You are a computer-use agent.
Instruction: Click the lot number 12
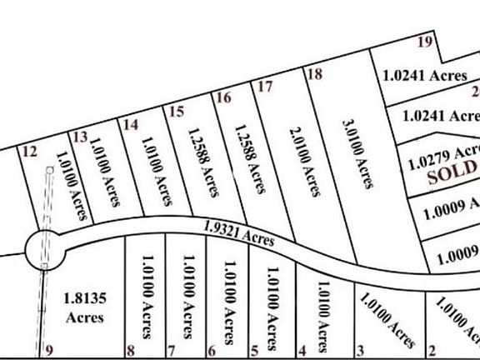pyautogui.click(x=30, y=151)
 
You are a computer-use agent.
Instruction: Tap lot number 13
pyautogui.click(x=80, y=137)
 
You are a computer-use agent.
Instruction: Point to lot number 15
pyautogui.click(x=175, y=111)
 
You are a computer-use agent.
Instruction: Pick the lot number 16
pyautogui.click(x=222, y=97)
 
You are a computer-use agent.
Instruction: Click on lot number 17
pyautogui.click(x=266, y=86)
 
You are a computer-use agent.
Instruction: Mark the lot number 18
pyautogui.click(x=314, y=73)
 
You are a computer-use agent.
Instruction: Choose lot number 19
pyautogui.click(x=425, y=42)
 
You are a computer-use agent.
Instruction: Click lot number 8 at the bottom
pyautogui.click(x=130, y=350)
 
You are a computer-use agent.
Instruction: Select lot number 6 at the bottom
pyautogui.click(x=212, y=350)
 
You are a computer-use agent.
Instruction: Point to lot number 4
pyautogui.click(x=302, y=350)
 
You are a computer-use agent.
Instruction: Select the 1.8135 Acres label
pyautogui.click(x=84, y=306)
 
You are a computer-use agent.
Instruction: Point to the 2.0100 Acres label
pyautogui.click(x=304, y=162)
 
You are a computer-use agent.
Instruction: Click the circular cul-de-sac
pyautogui.click(x=44, y=247)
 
